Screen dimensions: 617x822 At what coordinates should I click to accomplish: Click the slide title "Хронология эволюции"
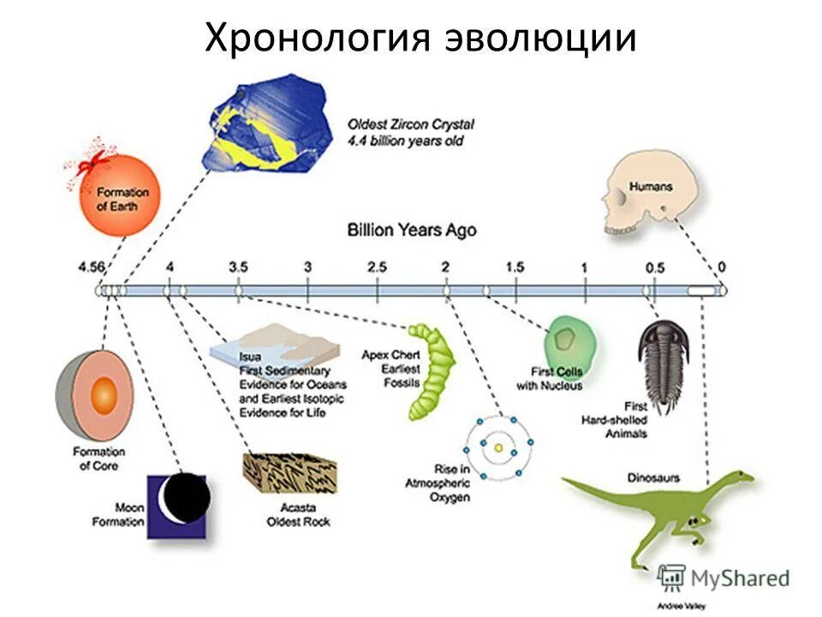tap(420, 39)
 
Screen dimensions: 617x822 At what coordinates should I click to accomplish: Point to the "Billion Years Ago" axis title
tap(412, 230)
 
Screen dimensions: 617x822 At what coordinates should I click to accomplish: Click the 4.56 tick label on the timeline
tap(91, 267)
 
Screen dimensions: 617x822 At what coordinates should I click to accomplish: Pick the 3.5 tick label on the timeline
tap(238, 267)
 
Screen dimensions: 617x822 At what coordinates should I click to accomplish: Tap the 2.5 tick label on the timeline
tap(377, 267)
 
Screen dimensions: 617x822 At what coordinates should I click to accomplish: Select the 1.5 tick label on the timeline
tap(514, 267)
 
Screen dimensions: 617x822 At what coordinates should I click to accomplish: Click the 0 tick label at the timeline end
tap(721, 267)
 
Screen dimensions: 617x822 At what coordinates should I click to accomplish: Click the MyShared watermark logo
tap(725, 578)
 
